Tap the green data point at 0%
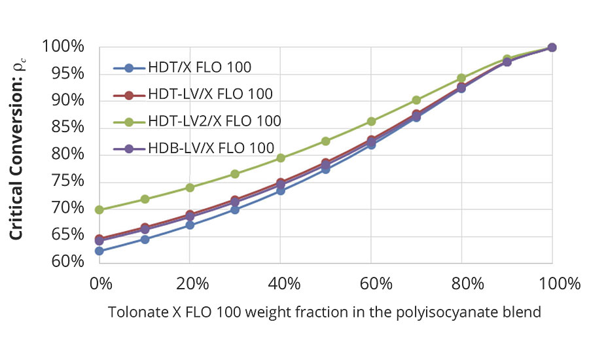99,210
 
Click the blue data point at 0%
99,251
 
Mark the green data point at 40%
280,158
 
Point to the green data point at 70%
416,100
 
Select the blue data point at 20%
190,225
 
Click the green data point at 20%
190,187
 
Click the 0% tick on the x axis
100,285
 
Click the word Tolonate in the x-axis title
139,312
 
